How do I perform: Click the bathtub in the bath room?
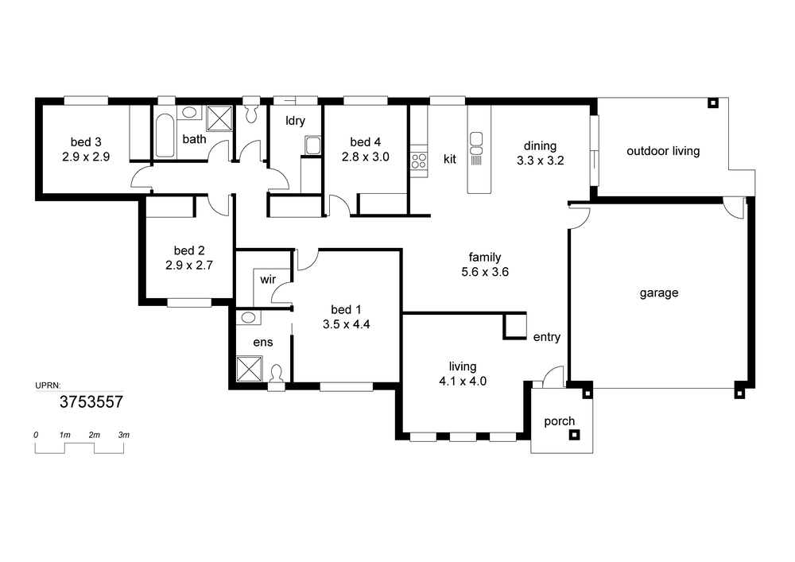pos(165,136)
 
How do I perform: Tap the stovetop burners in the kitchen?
pos(419,161)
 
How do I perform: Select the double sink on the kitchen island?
pos(476,143)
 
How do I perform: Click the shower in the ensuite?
pos(250,368)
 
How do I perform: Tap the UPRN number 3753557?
pos(91,402)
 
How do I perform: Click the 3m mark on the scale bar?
pos(124,435)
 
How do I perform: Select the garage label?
pos(658,293)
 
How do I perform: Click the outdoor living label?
pos(663,151)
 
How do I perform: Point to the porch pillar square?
pos(575,435)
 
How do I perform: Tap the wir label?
pos(268,279)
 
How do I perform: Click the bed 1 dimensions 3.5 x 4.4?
pos(347,324)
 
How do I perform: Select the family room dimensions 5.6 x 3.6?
pos(485,272)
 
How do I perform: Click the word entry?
pos(547,338)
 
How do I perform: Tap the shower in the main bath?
pos(219,118)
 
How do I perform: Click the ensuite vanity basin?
pos(248,318)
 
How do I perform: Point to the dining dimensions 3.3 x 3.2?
pos(541,161)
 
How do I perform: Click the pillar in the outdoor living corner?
pos(713,103)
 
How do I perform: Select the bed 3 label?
pos(86,142)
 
